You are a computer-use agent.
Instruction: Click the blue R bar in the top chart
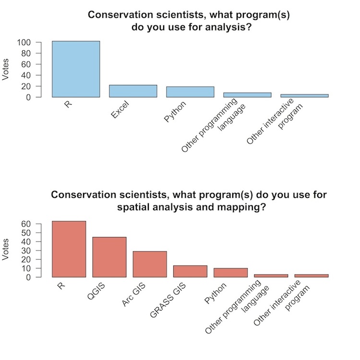coord(76,69)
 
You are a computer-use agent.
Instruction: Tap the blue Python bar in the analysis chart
coord(190,92)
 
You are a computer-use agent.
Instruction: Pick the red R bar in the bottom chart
coord(69,249)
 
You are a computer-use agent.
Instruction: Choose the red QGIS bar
coord(109,257)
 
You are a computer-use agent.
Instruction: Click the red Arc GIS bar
coord(150,264)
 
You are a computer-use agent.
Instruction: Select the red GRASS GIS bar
coord(190,271)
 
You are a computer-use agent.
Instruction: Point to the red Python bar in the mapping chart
coord(230,273)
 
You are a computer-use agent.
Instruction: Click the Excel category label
coord(120,109)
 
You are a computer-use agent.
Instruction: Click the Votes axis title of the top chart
coord(6,70)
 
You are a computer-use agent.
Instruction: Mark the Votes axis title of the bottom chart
coord(6,250)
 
